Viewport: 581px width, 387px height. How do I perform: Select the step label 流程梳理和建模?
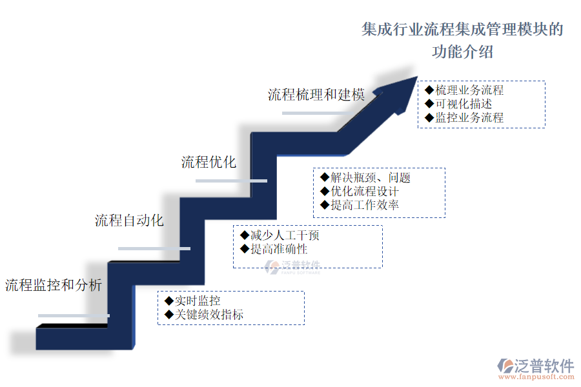click(x=316, y=95)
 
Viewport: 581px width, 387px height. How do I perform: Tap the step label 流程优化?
click(x=209, y=162)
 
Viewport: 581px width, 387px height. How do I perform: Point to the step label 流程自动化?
click(x=129, y=220)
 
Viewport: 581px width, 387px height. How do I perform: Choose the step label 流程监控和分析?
click(x=54, y=285)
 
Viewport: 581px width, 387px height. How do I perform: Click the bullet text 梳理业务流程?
click(x=469, y=90)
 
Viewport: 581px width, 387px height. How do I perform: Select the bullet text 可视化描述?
click(x=464, y=104)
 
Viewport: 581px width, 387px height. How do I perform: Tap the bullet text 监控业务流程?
click(x=469, y=117)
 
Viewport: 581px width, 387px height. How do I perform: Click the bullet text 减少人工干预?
click(x=285, y=235)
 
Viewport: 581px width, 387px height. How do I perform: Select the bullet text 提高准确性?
click(x=279, y=249)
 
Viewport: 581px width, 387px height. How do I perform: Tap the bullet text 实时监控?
click(x=198, y=301)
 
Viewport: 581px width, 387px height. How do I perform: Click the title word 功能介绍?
click(x=462, y=52)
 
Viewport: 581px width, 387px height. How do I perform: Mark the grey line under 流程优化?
click(x=231, y=181)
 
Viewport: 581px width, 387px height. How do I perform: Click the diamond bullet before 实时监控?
click(x=169, y=301)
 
